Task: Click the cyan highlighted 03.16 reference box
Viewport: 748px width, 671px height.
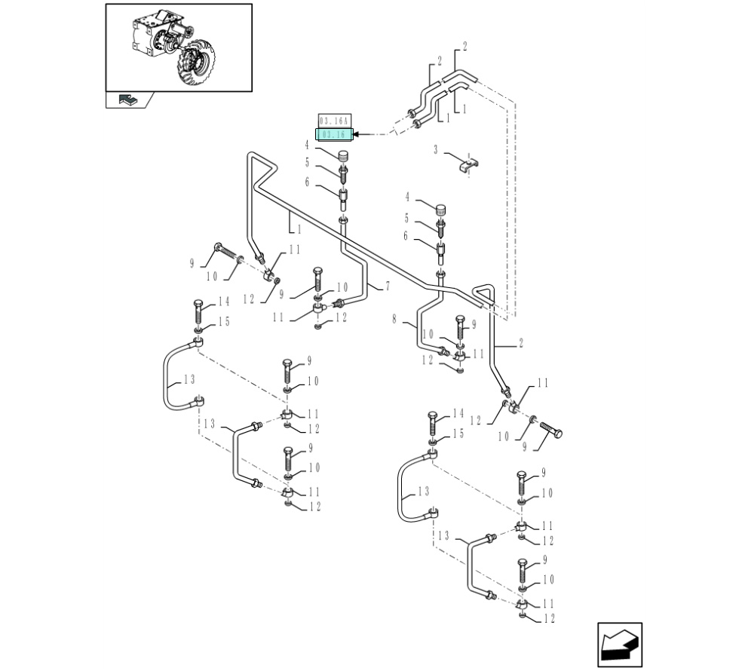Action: pyautogui.click(x=333, y=134)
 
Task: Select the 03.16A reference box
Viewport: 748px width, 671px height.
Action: pyautogui.click(x=333, y=121)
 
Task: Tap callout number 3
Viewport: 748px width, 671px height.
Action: pyautogui.click(x=436, y=150)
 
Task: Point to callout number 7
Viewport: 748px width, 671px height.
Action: pyautogui.click(x=388, y=286)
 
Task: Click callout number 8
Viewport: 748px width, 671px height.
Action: pyautogui.click(x=393, y=320)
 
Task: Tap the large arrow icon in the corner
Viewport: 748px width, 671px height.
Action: pyautogui.click(x=619, y=645)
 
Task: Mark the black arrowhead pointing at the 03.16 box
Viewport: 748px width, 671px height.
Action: pyautogui.click(x=359, y=134)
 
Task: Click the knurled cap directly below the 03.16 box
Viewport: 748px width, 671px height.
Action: pyautogui.click(x=343, y=158)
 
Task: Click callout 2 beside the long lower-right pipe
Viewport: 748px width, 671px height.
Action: pyautogui.click(x=520, y=343)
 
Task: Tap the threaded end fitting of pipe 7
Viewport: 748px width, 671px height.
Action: pyautogui.click(x=339, y=303)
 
